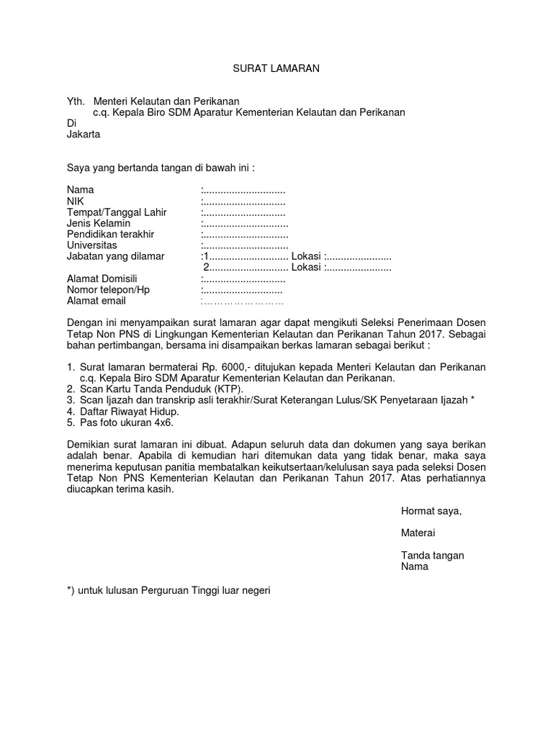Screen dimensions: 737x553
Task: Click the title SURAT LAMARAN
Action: pyautogui.click(x=276, y=68)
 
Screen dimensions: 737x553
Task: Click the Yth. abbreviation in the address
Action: pyautogui.click(x=76, y=101)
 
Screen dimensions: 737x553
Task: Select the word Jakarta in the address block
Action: pyautogui.click(x=84, y=134)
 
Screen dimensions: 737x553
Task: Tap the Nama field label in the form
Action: pyautogui.click(x=81, y=190)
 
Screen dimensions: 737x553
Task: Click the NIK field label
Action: pyautogui.click(x=76, y=202)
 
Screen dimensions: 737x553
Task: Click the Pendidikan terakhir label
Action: pyautogui.click(x=110, y=235)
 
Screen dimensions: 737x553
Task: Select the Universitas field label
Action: pyautogui.click(x=91, y=245)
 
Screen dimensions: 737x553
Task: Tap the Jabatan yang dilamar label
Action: pyautogui.click(x=115, y=256)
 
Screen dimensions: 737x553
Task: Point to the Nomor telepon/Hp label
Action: pyautogui.click(x=108, y=289)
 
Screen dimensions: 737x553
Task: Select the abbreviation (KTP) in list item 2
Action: pyautogui.click(x=228, y=389)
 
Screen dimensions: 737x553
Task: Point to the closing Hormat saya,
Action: pyautogui.click(x=431, y=511)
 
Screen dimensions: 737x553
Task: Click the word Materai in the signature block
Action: pyautogui.click(x=418, y=533)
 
